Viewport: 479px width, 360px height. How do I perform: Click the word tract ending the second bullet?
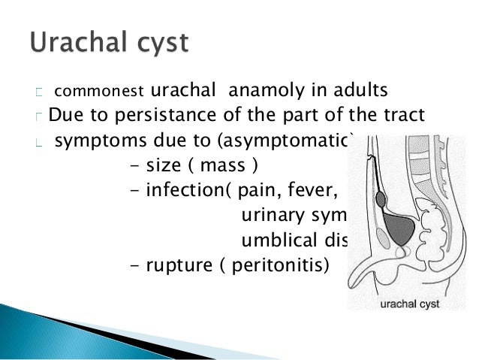[x=404, y=115]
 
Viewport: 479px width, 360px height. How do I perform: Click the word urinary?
[x=268, y=215]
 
